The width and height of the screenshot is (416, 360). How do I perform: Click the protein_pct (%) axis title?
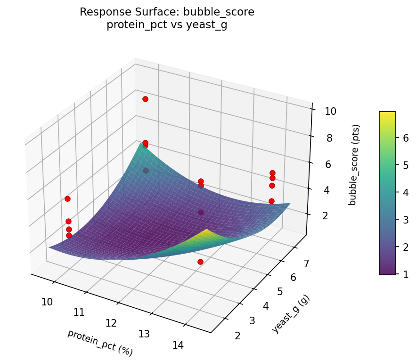click(100, 342)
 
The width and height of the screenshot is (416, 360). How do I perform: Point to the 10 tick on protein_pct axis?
click(47, 302)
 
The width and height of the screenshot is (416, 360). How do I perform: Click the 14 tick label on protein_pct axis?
click(178, 345)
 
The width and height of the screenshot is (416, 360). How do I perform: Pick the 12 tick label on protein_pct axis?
click(111, 323)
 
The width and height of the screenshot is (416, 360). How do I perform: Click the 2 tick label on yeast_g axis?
click(237, 336)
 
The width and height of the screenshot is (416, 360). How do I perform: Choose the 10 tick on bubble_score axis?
click(330, 112)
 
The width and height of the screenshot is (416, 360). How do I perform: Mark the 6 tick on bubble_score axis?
click(330, 164)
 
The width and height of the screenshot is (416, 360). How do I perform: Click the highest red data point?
click(145, 99)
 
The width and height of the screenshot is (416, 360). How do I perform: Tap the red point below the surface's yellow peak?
click(200, 262)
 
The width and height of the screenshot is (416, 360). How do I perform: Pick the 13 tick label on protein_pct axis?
click(144, 334)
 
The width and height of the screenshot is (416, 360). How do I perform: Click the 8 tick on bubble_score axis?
click(330, 138)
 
